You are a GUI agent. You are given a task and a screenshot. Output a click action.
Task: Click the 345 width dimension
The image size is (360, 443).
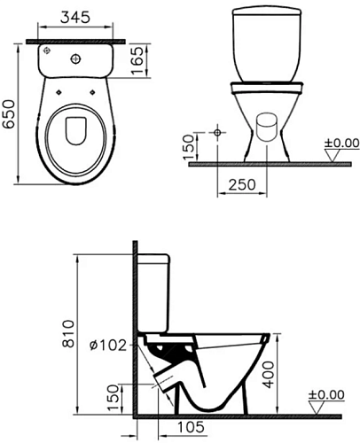(75, 18)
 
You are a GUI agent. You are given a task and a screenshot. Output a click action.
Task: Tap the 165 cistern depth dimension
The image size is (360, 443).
(137, 60)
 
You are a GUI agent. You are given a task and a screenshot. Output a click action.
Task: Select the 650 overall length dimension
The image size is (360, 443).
(9, 114)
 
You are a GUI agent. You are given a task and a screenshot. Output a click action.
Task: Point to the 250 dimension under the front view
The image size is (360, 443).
(242, 184)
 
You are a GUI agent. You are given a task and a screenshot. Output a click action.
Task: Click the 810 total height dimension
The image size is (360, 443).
(68, 334)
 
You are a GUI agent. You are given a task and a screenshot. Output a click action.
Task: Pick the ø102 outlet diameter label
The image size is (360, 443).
(108, 346)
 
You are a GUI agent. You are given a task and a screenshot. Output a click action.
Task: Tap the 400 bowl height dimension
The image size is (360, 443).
(269, 374)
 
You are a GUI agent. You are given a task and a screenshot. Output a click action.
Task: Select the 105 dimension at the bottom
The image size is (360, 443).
(191, 427)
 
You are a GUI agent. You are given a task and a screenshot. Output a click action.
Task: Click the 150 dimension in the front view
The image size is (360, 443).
(188, 147)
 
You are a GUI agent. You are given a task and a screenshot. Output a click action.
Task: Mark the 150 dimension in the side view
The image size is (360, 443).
(113, 398)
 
